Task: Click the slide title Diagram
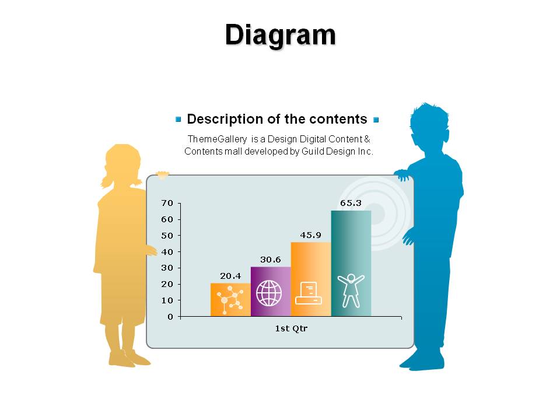tap(281, 35)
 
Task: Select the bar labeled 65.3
tap(351, 263)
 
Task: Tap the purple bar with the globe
tap(271, 292)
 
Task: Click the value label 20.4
tap(230, 276)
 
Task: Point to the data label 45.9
tap(310, 235)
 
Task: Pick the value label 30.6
tap(270, 260)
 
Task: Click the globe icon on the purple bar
tap(269, 293)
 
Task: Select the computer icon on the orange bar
tap(309, 293)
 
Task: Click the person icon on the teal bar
tap(351, 290)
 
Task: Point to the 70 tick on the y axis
tap(167, 203)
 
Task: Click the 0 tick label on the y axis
tap(170, 317)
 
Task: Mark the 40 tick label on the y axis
tap(167, 252)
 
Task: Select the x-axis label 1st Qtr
tap(291, 328)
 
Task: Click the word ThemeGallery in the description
tap(217, 139)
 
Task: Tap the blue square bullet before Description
tap(178, 119)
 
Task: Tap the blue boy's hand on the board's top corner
tap(402, 176)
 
